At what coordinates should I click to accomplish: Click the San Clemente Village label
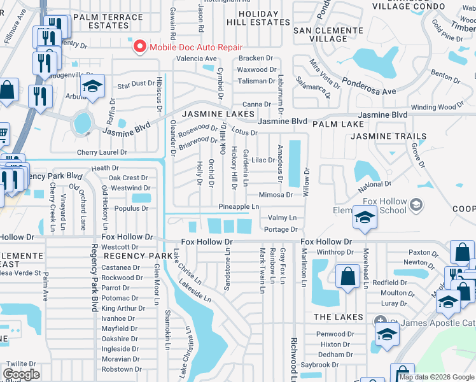(x=328, y=34)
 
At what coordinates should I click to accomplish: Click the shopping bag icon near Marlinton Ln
(x=347, y=277)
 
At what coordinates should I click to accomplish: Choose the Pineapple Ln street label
(x=239, y=207)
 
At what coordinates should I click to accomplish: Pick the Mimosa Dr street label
(x=276, y=195)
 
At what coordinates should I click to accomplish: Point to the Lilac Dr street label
(x=263, y=160)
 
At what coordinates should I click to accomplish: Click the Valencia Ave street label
(x=197, y=59)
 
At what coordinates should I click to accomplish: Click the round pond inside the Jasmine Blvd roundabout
(x=82, y=123)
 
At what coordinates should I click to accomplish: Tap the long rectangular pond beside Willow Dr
(x=295, y=160)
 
